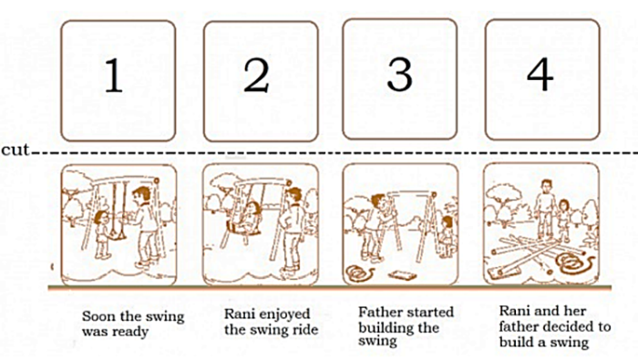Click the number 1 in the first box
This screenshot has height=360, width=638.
[x=113, y=78]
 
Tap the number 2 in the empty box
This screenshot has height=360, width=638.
[x=256, y=78]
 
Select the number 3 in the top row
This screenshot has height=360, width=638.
[x=398, y=76]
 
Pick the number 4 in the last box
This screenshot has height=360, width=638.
[x=540, y=76]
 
